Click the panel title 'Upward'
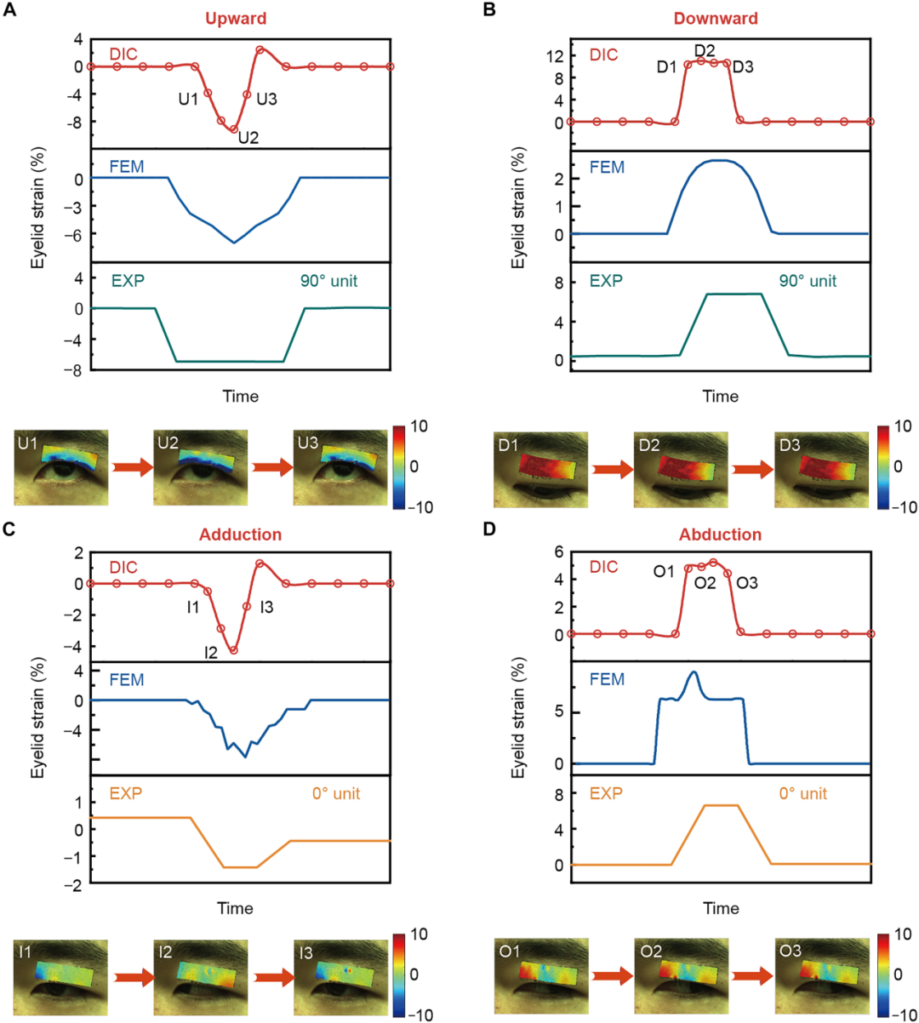[236, 18]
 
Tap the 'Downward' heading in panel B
[716, 18]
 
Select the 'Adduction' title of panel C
[240, 534]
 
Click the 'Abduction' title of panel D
[720, 534]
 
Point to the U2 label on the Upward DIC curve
[248, 138]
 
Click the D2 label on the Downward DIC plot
[705, 51]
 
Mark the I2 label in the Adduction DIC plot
[211, 653]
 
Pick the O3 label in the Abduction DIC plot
[747, 583]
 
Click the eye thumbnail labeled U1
[60, 467]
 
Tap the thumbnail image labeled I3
[340, 977]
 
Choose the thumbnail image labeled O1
[541, 977]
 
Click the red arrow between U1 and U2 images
[132, 467]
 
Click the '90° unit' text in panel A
[328, 281]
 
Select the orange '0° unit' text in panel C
[335, 794]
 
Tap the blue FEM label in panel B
[607, 168]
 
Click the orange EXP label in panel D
[606, 794]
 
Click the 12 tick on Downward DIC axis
[555, 56]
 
